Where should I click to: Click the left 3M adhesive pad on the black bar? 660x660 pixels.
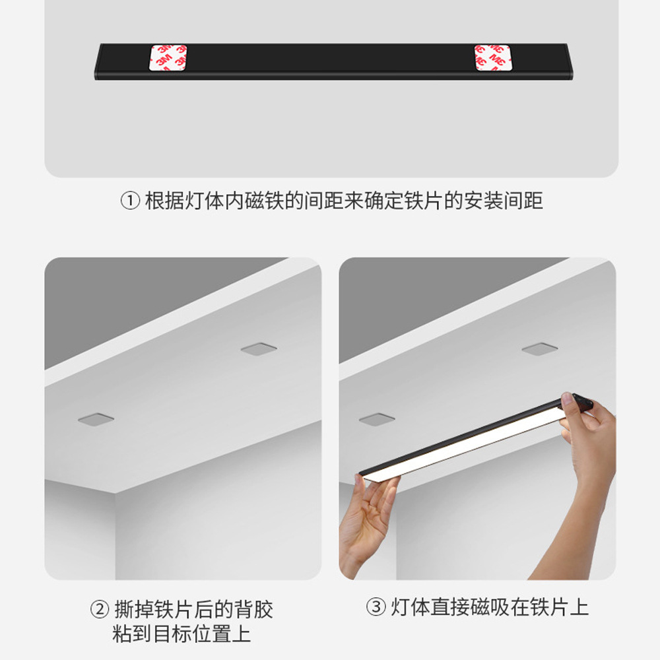(168, 58)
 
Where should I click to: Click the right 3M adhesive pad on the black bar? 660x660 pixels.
(492, 58)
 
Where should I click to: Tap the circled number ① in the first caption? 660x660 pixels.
(129, 201)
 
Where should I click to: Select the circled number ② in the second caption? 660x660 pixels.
(99, 609)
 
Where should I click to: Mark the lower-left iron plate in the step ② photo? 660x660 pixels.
(94, 418)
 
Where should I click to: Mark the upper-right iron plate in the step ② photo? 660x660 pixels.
(257, 348)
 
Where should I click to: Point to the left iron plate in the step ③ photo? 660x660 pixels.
(377, 418)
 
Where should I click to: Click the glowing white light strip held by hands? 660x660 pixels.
(462, 442)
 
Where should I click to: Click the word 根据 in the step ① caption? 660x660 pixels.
(162, 201)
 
